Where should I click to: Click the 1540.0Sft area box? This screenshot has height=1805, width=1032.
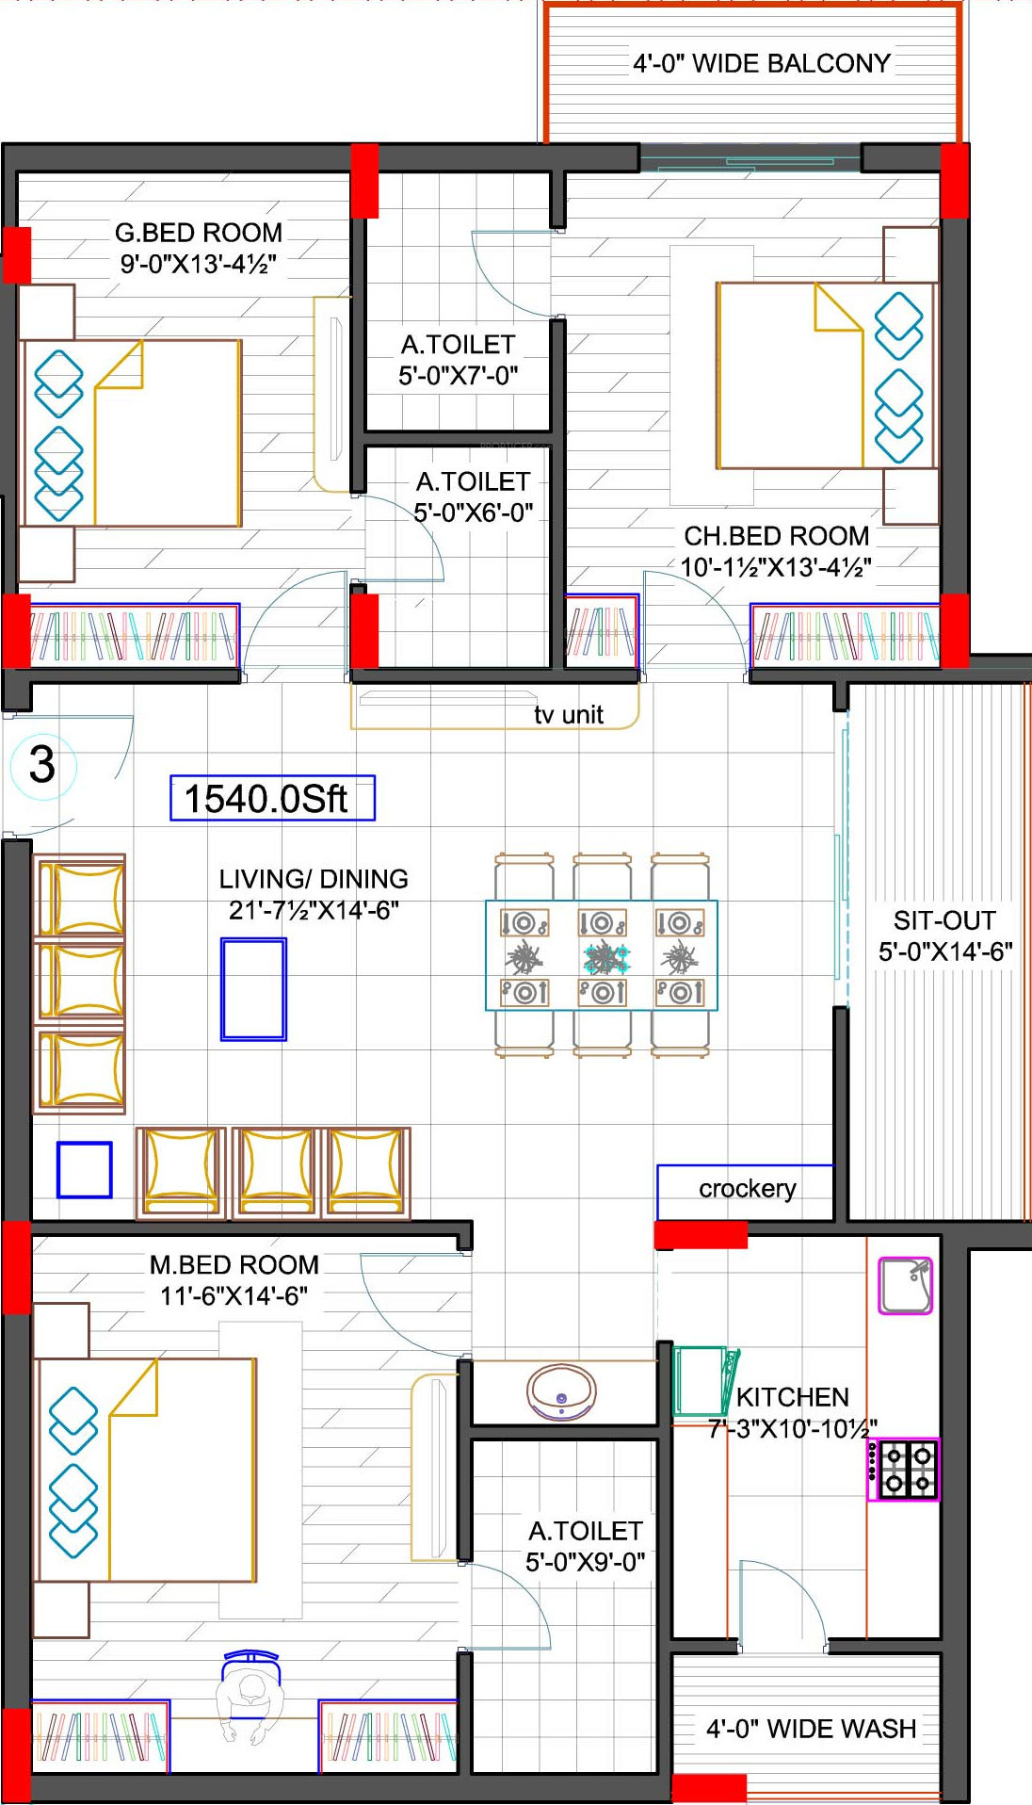pos(272,798)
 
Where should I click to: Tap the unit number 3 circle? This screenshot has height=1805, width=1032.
pos(42,765)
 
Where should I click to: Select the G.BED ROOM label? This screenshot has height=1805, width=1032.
pos(199,233)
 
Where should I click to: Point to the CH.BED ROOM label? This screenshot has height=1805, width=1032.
pos(777,536)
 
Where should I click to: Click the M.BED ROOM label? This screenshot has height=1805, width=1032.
pos(234,1264)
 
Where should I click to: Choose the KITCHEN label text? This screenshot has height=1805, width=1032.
pos(793,1396)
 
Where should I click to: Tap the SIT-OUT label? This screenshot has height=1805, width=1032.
pos(944,920)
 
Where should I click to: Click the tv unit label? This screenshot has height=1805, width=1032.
pos(569,715)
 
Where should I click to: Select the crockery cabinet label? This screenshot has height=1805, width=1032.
pos(748,1189)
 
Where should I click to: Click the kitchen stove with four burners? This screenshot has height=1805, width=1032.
pos(903,1470)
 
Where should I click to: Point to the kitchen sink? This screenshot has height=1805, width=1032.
pos(906,1285)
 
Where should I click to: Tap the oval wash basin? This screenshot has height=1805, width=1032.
pos(561,1392)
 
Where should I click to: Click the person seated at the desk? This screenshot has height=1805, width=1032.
pos(250,1694)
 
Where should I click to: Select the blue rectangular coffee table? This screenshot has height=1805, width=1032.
pos(253,989)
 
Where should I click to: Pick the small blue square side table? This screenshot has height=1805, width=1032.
pos(85,1170)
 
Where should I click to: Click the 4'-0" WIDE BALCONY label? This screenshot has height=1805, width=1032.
pos(762,63)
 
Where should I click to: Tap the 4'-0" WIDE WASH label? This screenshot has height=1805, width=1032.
pos(811,1729)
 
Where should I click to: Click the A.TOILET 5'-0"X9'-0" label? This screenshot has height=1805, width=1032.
pos(586,1547)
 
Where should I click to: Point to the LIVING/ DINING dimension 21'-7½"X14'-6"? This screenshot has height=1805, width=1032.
pos(314,910)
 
